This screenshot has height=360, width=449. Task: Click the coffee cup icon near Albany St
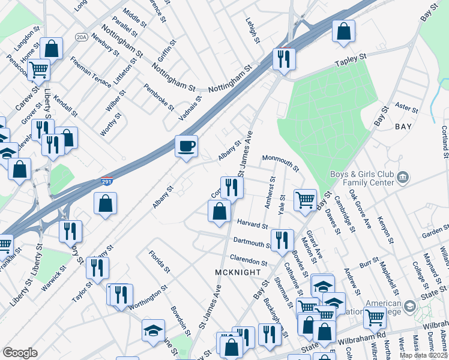point(187,146)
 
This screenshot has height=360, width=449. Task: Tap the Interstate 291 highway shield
point(106,181)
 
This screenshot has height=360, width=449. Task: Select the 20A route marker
point(81,37)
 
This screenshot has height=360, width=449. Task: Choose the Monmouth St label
point(280,162)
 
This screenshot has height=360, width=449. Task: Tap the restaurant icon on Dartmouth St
point(282,240)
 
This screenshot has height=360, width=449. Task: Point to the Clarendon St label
point(248,260)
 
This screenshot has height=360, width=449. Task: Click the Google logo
point(20,353)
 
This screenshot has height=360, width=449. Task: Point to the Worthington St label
point(148,297)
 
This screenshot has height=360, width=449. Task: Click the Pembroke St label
point(158,97)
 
